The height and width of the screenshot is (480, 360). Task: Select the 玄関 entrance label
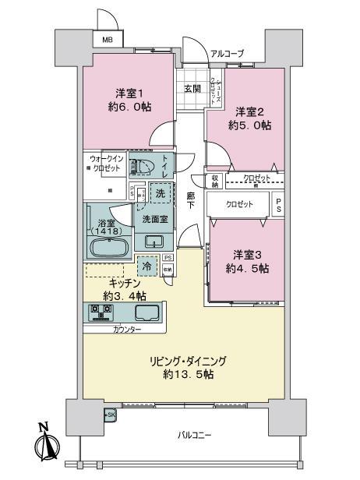(192, 88)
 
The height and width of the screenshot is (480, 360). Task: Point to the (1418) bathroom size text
(109, 231)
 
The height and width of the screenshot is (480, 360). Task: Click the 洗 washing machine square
(159, 193)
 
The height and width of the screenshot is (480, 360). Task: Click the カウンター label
(127, 330)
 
